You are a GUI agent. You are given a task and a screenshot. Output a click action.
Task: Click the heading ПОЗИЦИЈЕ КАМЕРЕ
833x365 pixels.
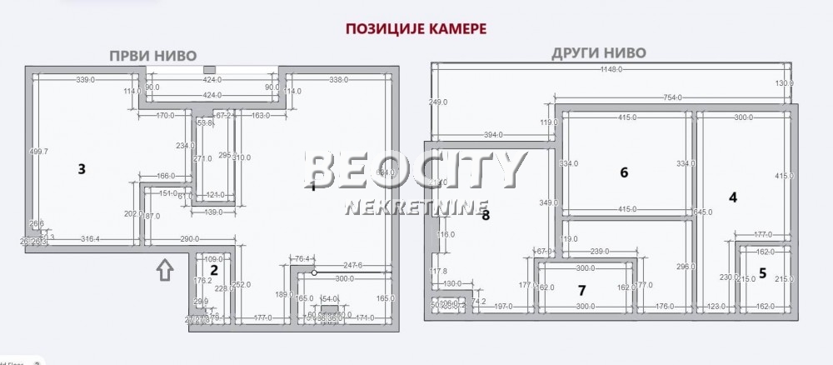tap(415, 27)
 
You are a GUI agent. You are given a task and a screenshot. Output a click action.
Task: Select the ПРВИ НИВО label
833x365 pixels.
tap(153, 56)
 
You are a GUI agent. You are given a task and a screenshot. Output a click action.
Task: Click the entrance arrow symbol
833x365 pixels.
tap(165, 269)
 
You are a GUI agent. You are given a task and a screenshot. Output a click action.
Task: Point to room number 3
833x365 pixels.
tap(82, 169)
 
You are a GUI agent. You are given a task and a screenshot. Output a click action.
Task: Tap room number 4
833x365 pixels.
tap(733, 197)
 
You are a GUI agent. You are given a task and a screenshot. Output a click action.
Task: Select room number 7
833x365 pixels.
tap(582, 290)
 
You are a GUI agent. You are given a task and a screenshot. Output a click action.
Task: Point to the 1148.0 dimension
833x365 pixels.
tap(611, 70)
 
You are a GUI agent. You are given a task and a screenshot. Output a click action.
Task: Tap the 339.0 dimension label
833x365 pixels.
tap(85, 80)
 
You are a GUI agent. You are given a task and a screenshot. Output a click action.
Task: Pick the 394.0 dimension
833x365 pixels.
tap(496, 134)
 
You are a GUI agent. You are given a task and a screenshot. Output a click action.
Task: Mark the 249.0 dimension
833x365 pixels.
tap(439, 102)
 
